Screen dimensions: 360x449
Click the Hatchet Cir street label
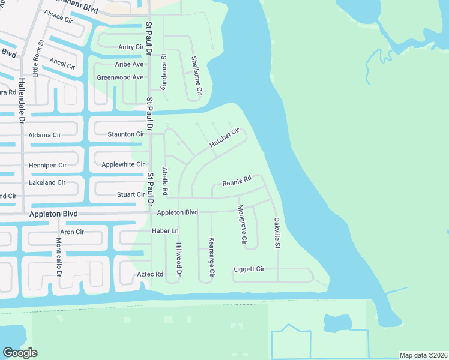click(224, 138)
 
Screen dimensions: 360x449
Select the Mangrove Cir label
click(241, 224)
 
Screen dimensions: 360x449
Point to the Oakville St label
click(277, 233)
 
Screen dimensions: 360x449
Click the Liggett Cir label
click(249, 269)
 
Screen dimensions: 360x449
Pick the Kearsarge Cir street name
click(211, 256)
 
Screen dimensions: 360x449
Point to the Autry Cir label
click(131, 47)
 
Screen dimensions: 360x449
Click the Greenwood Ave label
click(120, 77)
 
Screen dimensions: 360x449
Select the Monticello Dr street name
click(59, 257)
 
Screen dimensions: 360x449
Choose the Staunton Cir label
click(126, 134)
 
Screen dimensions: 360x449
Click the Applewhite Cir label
click(123, 164)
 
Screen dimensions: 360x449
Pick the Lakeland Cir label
click(47, 182)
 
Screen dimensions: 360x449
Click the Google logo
click(20, 353)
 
